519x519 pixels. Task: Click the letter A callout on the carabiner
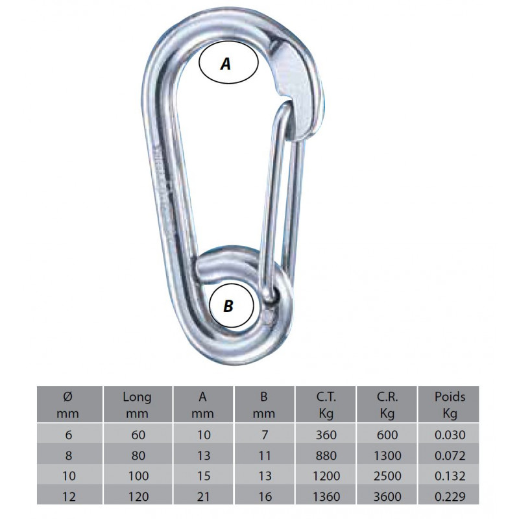228,62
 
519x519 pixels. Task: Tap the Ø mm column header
68,405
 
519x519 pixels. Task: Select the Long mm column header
137,405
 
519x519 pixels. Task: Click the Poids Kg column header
450,405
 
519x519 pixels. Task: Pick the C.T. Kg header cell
326,405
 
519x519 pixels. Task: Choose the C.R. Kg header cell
387,405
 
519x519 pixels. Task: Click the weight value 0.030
450,435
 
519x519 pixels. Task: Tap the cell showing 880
326,455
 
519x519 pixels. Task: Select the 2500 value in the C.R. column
387,476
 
